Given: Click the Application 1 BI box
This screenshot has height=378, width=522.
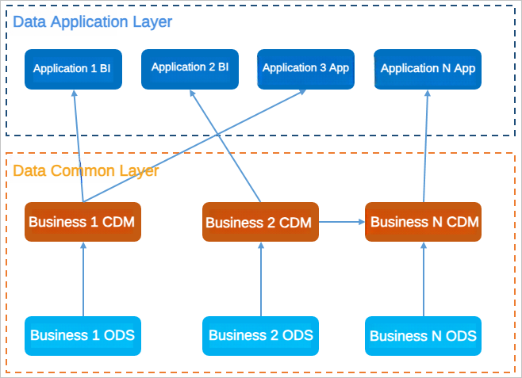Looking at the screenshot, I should click(73, 69).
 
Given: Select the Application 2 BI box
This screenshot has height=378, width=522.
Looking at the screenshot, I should click(190, 68).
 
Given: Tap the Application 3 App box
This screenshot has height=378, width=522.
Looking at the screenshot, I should click(305, 68).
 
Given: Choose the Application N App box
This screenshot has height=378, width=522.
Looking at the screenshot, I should click(428, 69).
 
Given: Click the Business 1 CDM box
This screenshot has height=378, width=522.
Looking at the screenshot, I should click(83, 221).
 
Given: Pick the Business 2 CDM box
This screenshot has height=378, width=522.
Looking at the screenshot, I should click(261, 223).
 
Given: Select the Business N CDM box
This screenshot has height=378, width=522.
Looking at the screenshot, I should click(423, 222).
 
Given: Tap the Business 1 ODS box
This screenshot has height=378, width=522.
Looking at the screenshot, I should click(83, 335).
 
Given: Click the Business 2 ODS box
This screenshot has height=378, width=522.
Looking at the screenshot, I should click(261, 335).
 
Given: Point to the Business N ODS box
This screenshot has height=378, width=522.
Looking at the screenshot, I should click(423, 336).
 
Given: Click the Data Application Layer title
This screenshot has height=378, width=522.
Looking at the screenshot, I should click(92, 21).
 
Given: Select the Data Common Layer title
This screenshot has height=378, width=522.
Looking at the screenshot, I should click(86, 170).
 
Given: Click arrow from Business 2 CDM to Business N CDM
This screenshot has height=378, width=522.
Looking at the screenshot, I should click(342, 223).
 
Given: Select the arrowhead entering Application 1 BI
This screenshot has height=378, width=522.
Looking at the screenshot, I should click(75, 94).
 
